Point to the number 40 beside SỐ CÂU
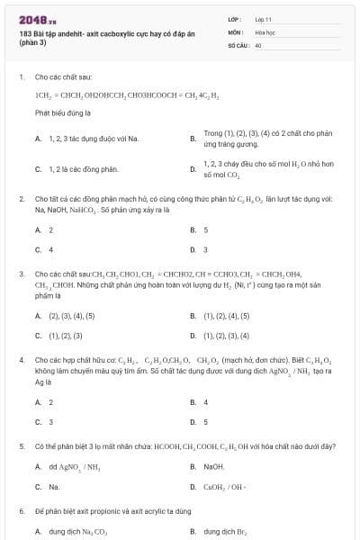(x=258, y=44)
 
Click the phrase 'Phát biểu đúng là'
(x=63, y=113)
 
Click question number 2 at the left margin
(x=21, y=198)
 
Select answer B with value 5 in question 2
(x=205, y=229)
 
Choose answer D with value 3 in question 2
(x=205, y=249)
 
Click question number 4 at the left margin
(x=21, y=359)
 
